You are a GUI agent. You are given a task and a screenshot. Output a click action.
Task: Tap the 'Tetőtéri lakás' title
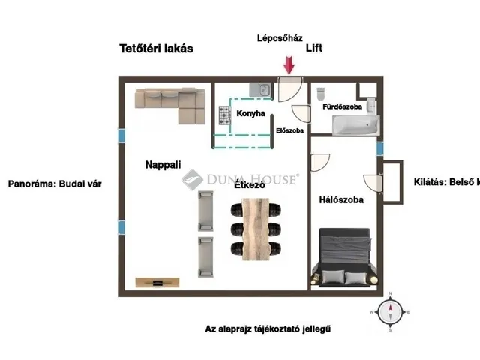[x=157, y=49]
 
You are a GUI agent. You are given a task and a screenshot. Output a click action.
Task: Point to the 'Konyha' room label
[x=250, y=114]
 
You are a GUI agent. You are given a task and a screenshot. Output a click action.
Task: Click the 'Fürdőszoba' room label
[x=342, y=107]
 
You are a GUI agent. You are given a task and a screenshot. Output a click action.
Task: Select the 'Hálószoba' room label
[x=341, y=200]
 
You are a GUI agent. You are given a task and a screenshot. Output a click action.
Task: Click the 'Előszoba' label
[x=289, y=130]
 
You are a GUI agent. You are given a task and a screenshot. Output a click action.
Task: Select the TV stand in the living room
[x=157, y=282]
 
